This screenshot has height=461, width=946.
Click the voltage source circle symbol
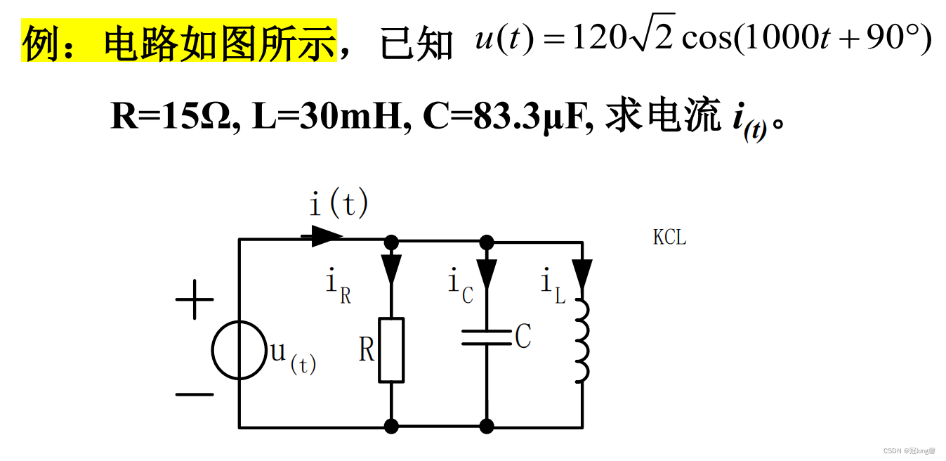pyautogui.click(x=239, y=350)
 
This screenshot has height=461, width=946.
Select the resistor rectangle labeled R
pyautogui.click(x=391, y=350)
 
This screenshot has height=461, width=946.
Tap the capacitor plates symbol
pyautogui.click(x=486, y=338)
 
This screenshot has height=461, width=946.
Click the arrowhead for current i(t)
pyautogui.click(x=326, y=236)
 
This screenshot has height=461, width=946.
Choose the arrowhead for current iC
pyautogui.click(x=486, y=271)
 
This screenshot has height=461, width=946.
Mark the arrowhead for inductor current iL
pyautogui.click(x=582, y=273)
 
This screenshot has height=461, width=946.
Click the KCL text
pyautogui.click(x=669, y=238)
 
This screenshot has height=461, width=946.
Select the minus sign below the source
pyautogui.click(x=194, y=394)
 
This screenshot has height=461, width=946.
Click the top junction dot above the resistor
pyautogui.click(x=391, y=242)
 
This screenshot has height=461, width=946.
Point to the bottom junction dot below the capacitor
pyautogui.click(x=486, y=426)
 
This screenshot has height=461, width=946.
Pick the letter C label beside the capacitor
pyautogui.click(x=523, y=338)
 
